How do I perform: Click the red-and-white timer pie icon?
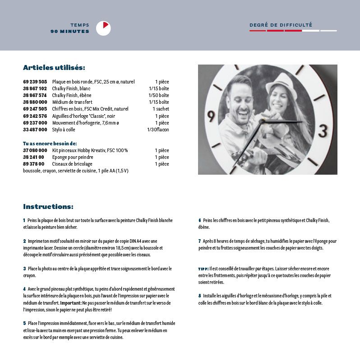coord(103,28)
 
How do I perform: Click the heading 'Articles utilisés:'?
coord(54,68)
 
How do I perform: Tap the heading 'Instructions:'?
coord(48,207)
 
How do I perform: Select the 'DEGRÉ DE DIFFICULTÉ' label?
coord(281,25)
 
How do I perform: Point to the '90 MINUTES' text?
coord(70,32)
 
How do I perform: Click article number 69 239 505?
coord(35,82)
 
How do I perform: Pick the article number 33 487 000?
coord(35,130)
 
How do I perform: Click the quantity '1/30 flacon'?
coord(158,130)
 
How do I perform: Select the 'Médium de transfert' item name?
coord(72,102)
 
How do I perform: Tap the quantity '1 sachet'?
coord(161,109)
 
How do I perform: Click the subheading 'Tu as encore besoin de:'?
coord(50,143)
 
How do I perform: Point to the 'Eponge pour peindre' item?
coord(73,157)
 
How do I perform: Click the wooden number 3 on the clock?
coord(323,131)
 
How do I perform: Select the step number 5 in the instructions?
coord(24,323)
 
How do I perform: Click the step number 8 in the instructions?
coord(199,296)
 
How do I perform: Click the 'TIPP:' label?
coord(203,269)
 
